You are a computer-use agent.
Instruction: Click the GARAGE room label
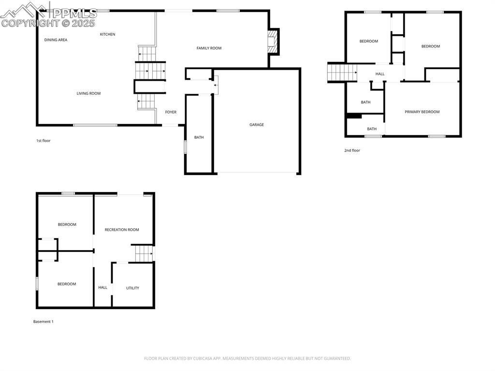point(256,125)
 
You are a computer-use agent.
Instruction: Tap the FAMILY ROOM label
point(209,48)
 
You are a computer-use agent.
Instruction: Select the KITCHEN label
point(108,34)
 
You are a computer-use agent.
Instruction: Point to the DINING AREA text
point(56,40)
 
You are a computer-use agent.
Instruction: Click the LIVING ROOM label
point(88,93)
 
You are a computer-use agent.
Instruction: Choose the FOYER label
point(171,112)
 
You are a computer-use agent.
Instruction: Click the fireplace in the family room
point(272,42)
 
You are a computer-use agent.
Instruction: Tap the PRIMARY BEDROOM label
point(422,112)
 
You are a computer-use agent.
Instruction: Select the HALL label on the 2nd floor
point(380,74)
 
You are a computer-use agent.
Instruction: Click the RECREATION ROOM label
point(122,230)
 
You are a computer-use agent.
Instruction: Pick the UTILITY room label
point(132,288)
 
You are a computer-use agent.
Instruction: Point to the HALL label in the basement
point(102,288)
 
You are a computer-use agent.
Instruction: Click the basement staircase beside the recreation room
point(144,253)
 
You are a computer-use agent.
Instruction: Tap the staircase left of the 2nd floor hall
point(342,73)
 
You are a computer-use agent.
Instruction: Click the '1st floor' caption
point(43,141)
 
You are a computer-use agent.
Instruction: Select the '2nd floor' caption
point(352,150)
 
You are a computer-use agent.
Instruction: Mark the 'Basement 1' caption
point(43,322)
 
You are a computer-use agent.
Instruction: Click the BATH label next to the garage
point(199,137)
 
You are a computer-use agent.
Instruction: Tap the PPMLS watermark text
point(75,13)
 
